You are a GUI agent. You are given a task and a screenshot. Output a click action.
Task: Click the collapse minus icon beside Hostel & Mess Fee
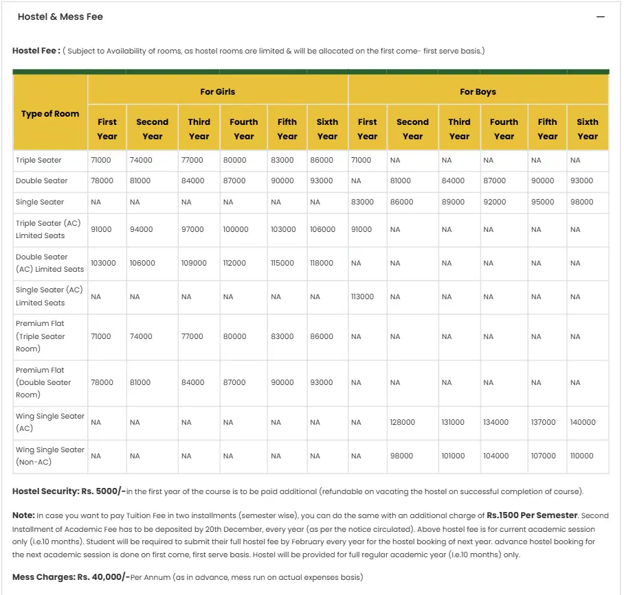pyautogui.click(x=601, y=17)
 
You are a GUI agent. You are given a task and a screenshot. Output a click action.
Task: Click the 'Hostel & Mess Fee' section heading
pyautogui.click(x=60, y=16)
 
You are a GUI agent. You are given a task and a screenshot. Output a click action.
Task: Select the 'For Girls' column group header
pyautogui.click(x=218, y=91)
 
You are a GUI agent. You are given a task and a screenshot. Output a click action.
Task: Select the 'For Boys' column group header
pyautogui.click(x=478, y=91)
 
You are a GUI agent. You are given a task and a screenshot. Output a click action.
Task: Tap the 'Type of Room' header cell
pyautogui.click(x=50, y=114)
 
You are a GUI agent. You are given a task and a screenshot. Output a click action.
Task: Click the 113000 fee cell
pyautogui.click(x=362, y=296)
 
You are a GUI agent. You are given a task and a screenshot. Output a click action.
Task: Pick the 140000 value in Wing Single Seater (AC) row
pyautogui.click(x=583, y=422)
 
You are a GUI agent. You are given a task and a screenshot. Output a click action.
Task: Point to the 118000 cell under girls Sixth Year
pyautogui.click(x=321, y=263)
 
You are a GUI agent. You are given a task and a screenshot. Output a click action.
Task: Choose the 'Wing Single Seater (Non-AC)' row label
pyautogui.click(x=49, y=456)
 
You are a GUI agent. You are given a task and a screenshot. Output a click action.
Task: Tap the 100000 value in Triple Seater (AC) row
pyautogui.click(x=236, y=229)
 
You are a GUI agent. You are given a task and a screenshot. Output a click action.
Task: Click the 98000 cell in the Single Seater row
pyautogui.click(x=583, y=202)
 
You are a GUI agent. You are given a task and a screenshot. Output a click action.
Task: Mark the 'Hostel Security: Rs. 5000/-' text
pyautogui.click(x=69, y=491)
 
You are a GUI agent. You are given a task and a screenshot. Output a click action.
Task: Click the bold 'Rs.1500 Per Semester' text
pyautogui.click(x=533, y=515)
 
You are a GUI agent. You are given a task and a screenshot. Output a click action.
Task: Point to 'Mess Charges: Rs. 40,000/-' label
pyautogui.click(x=71, y=577)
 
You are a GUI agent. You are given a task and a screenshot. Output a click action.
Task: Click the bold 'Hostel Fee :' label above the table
pyautogui.click(x=36, y=51)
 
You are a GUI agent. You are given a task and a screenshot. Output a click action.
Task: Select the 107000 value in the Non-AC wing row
pyautogui.click(x=543, y=456)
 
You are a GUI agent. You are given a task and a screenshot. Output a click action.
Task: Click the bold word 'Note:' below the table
pyautogui.click(x=23, y=515)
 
